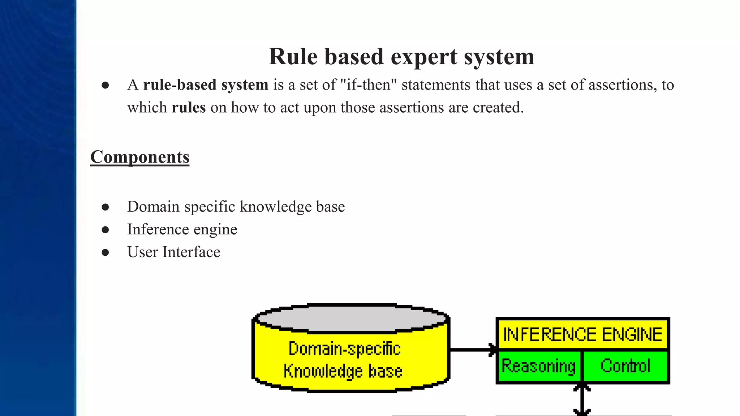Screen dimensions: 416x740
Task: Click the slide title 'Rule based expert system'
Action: pos(401,57)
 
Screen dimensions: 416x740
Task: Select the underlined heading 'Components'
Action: pos(139,157)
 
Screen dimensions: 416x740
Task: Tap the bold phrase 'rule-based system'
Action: pos(206,85)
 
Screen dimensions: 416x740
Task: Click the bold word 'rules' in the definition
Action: pos(189,108)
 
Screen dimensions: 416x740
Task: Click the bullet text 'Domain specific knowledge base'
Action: pos(236,207)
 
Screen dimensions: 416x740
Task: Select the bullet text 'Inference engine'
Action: pos(182,229)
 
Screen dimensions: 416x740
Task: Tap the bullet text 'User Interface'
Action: pos(173,252)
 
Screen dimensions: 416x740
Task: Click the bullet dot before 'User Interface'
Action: pos(105,252)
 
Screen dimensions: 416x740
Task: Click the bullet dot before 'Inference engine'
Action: pos(105,230)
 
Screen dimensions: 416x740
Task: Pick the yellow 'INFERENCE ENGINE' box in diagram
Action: pos(582,334)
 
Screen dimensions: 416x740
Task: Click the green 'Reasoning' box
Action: pos(538,366)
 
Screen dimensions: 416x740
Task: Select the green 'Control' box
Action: pos(625,366)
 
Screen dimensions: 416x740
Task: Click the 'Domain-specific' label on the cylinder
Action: pos(344,349)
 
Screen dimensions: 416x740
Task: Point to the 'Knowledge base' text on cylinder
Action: pos(343,371)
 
